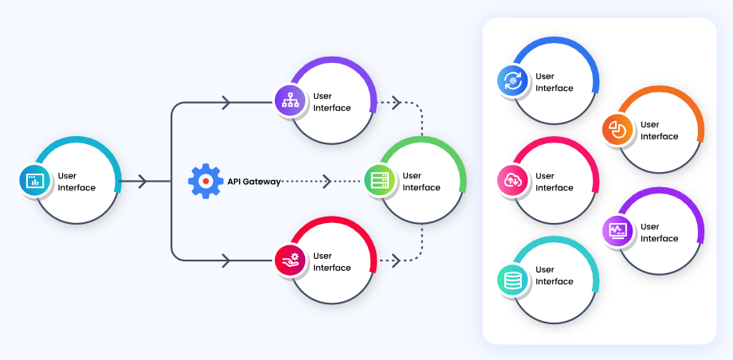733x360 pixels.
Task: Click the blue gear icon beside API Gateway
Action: coord(206,181)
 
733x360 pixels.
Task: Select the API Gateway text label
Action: coord(254,182)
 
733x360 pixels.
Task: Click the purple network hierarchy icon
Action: coord(290,100)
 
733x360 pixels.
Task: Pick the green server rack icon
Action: coord(379,181)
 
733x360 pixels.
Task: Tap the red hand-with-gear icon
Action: coord(289,260)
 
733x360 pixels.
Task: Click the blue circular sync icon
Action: coord(512,81)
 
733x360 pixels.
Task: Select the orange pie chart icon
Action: coord(617,129)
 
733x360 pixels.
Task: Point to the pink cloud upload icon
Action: coord(512,181)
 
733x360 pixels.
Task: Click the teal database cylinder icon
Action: coord(512,280)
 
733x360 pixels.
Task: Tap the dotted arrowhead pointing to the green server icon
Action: coord(327,182)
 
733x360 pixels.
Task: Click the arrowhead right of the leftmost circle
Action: coord(143,182)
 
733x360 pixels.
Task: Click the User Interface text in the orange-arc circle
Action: coord(660,131)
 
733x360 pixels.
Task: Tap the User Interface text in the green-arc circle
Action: coord(421,182)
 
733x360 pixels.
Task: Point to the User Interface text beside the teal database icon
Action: coord(555,276)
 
